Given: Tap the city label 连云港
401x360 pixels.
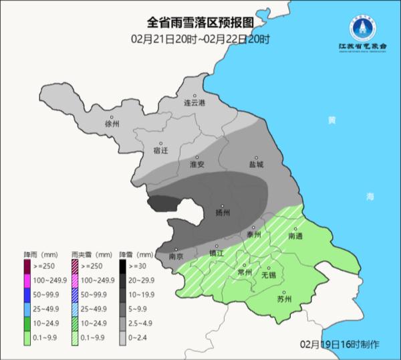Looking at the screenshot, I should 195,103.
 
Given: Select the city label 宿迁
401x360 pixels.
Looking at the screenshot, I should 160,151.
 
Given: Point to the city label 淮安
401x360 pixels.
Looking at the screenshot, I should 197,164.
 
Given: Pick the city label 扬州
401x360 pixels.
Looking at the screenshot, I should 223,212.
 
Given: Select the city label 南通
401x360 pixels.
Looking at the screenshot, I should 295,236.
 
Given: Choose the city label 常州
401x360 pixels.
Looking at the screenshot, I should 245,273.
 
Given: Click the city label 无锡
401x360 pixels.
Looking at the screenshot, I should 268,274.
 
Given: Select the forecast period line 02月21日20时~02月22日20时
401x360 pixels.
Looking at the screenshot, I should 200,40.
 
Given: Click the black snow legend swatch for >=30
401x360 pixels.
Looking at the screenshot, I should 124,265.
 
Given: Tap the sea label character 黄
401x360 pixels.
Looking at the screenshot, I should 332,120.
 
